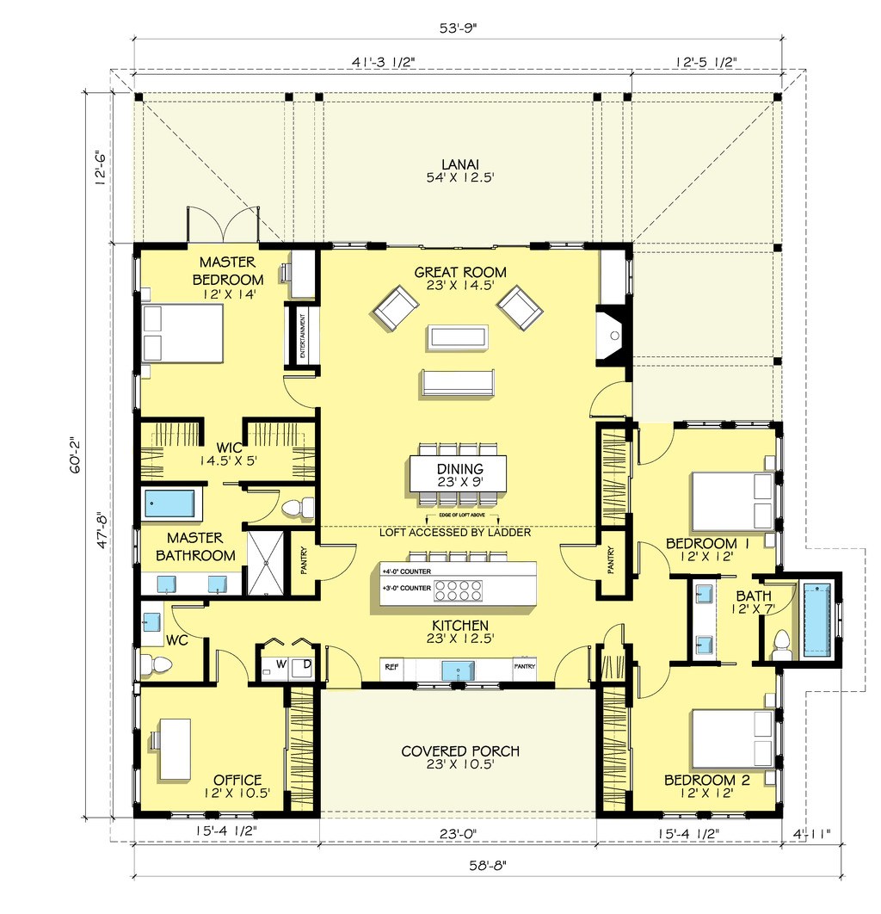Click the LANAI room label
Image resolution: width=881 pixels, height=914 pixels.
[460, 164]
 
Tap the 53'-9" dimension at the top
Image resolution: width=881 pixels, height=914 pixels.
[458, 26]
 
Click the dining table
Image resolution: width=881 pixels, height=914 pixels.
[458, 472]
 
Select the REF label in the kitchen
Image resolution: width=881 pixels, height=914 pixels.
[391, 666]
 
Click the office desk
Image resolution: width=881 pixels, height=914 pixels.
[176, 747]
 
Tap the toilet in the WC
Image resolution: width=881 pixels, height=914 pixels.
[156, 664]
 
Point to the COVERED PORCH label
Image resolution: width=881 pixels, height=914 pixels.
[460, 751]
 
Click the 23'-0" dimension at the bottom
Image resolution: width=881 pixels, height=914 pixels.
[457, 833]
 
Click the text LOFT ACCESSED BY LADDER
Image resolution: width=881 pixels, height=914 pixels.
[456, 532]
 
